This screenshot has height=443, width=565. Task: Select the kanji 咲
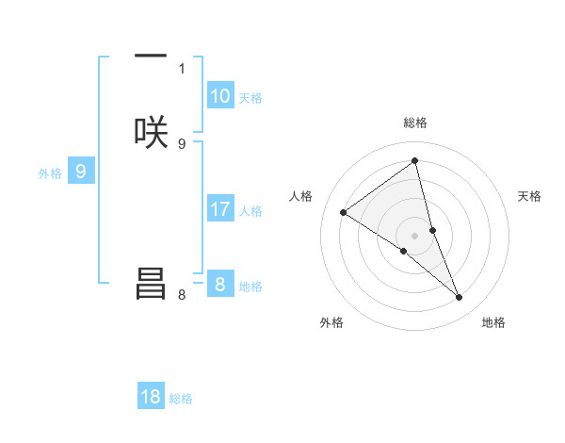coord(151,132)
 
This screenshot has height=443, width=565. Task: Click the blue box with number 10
coord(219,96)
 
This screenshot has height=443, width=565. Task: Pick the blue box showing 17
coord(219,209)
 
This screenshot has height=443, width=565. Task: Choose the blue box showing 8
coord(219,284)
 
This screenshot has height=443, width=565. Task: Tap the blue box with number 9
coord(81,172)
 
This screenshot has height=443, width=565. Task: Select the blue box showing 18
coord(151,397)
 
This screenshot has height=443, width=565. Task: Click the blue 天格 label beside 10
coord(250,98)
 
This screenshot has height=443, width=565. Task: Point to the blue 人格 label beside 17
coord(250,211)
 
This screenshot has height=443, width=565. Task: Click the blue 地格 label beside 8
coord(250,287)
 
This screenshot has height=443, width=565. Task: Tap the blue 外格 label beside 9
coord(50,173)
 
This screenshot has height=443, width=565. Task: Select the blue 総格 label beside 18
coord(181,399)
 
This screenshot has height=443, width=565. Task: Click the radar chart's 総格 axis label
coord(414,123)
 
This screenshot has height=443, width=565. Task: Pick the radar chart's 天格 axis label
coord(530,196)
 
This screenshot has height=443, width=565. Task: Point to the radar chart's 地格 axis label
coord(493,322)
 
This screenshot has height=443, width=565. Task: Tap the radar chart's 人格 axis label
coord(300,196)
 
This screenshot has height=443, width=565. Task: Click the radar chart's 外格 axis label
coord(331,322)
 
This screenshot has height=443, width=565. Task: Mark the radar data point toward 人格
coord(344,212)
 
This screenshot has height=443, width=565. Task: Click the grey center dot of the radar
coord(414,235)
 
